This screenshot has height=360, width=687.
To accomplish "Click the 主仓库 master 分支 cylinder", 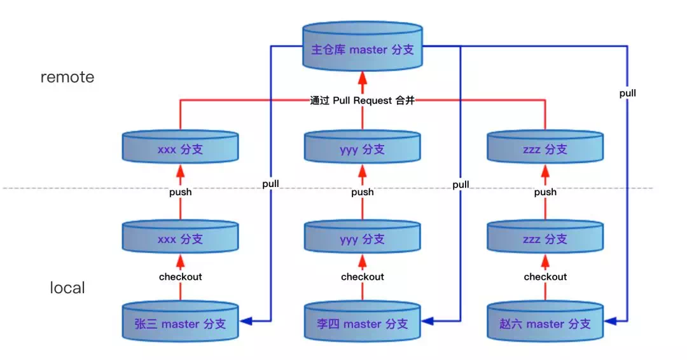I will pos(363,48).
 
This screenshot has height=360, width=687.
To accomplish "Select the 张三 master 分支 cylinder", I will pos(180,323).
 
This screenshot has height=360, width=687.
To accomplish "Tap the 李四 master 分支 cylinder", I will pos(363,323).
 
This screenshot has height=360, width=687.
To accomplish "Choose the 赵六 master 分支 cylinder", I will pos(545,323).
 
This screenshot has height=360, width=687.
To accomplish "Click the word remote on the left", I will pos(67,77).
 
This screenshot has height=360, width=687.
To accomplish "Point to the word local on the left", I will pos(67,287).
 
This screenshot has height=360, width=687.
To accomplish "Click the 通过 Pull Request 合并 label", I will pos(362,100).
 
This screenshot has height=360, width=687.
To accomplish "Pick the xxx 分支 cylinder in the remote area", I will pos(180,149).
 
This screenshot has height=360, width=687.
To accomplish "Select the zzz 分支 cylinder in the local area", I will pos(545,239).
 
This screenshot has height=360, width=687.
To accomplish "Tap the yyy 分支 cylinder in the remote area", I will pos(363,149).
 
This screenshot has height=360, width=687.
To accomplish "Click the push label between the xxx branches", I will pos(180,191).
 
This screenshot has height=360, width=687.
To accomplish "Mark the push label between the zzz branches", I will pos(545,191).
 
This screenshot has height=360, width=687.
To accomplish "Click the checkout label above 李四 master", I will pos(363,277).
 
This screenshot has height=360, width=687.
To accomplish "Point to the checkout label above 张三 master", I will pos(180,277).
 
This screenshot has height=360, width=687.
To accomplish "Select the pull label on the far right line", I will pos(627,93).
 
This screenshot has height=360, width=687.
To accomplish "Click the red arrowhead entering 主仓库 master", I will pos(363,79).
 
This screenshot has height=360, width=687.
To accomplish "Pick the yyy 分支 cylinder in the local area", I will pos(363,239).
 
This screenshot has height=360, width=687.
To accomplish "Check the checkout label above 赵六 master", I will pos(545,277).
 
